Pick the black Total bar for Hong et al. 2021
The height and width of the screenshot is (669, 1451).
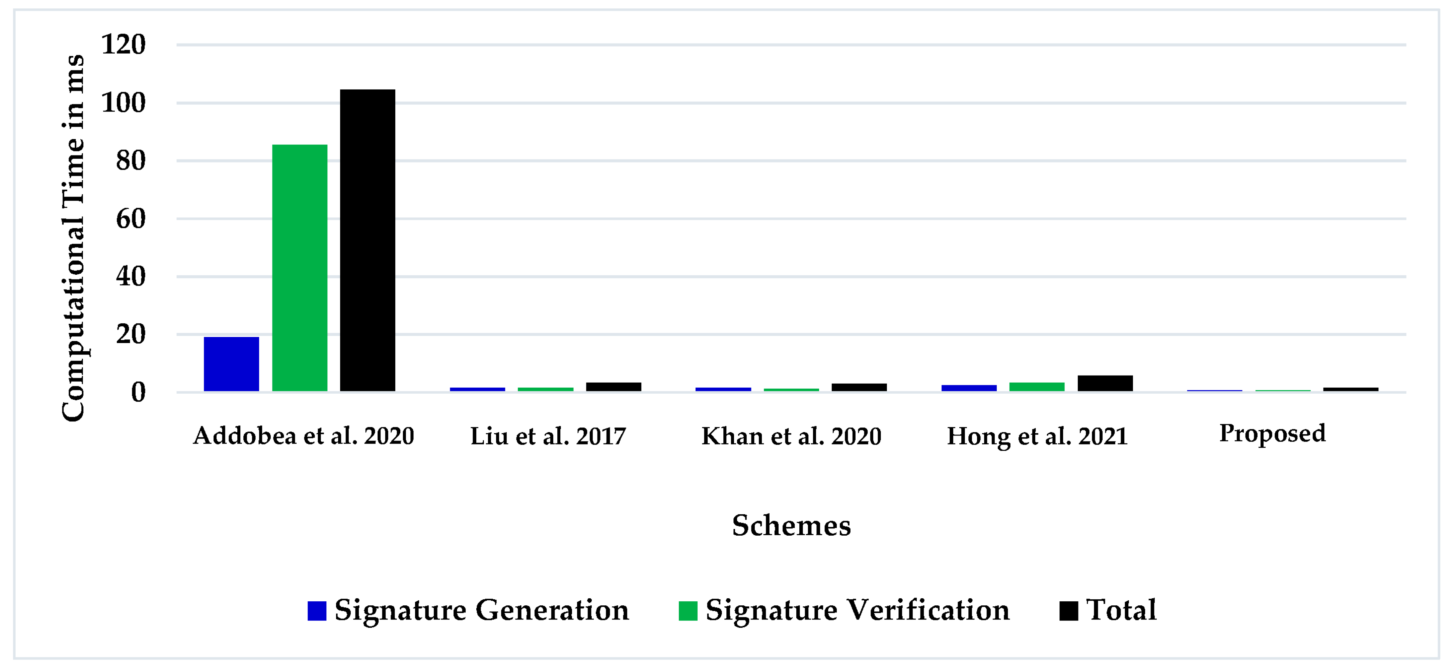coord(1105,383)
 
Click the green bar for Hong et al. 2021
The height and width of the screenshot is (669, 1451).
coord(1036,387)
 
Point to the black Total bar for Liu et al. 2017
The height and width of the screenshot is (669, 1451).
coord(614,387)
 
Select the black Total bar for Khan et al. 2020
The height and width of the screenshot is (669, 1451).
coord(859,387)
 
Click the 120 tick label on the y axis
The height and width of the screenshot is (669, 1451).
coord(124,45)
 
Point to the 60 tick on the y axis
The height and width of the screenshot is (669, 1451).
coord(131,219)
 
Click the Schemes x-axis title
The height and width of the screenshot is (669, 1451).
coord(791,525)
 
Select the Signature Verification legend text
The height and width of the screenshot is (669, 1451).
coord(857,610)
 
